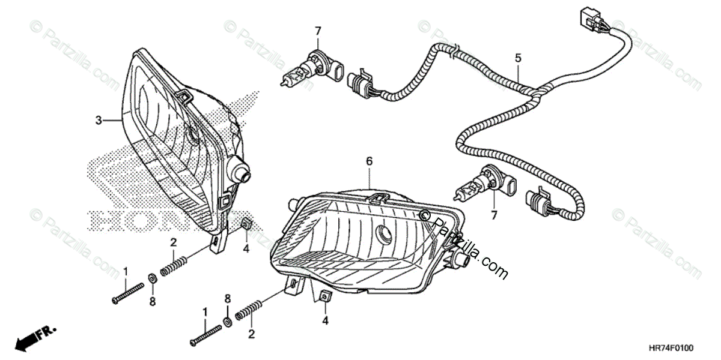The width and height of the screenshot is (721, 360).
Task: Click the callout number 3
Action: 98,121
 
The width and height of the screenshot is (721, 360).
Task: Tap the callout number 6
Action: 369,161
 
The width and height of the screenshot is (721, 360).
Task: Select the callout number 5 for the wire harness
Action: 518,58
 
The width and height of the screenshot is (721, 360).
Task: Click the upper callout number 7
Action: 318,31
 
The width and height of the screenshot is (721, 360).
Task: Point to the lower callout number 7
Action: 494,214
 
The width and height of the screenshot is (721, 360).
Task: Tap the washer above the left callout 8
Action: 153,277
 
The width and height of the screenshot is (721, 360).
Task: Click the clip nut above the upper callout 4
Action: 246,224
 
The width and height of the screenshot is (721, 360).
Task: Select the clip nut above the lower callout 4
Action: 324,296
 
